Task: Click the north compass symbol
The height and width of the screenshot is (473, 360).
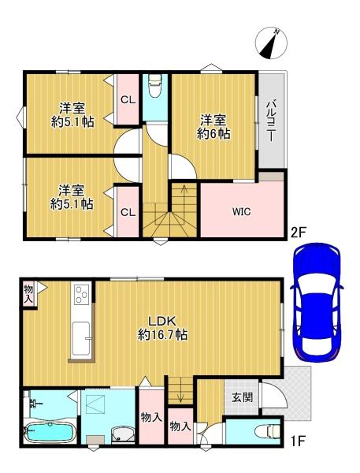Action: [x=271, y=43]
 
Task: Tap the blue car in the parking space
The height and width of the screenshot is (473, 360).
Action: [x=317, y=303]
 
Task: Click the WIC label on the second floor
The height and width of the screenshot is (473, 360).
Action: [x=241, y=211]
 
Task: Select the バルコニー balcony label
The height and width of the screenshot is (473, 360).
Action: [x=270, y=121]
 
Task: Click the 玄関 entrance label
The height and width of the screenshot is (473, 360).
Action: [x=242, y=397]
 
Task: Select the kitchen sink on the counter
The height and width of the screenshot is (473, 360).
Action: [x=81, y=338]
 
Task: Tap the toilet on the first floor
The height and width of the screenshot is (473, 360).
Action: [x=268, y=431]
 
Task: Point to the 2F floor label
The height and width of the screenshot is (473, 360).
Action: [x=298, y=232]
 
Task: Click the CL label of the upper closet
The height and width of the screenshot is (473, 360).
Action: [x=128, y=100]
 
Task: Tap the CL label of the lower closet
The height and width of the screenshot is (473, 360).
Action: [x=128, y=212]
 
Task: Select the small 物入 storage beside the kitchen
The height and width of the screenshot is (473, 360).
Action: [x=28, y=293]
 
